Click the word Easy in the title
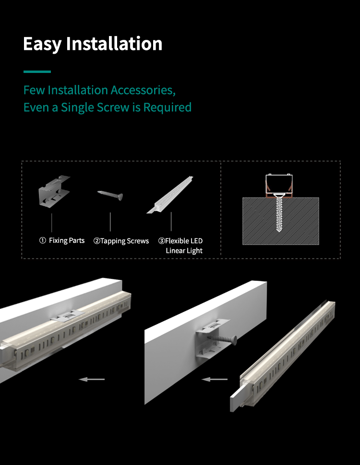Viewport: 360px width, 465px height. point(42,44)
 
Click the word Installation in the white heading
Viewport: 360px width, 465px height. point(114,43)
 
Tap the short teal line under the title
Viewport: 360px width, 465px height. point(37,72)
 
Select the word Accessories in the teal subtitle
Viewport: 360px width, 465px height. point(143,90)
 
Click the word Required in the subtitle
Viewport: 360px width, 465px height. point(167,107)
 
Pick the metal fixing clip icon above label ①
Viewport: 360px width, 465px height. point(54,191)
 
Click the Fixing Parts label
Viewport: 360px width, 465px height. point(66,240)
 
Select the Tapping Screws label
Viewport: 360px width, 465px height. point(124,241)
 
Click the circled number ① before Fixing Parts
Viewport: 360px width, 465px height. point(43,240)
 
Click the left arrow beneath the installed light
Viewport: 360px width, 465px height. point(92,379)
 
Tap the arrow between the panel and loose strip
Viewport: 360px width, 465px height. point(215,379)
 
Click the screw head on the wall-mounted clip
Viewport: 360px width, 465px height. point(234,340)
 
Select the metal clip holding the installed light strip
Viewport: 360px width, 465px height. point(68,316)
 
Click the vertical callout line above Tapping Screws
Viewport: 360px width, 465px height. point(110,222)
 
